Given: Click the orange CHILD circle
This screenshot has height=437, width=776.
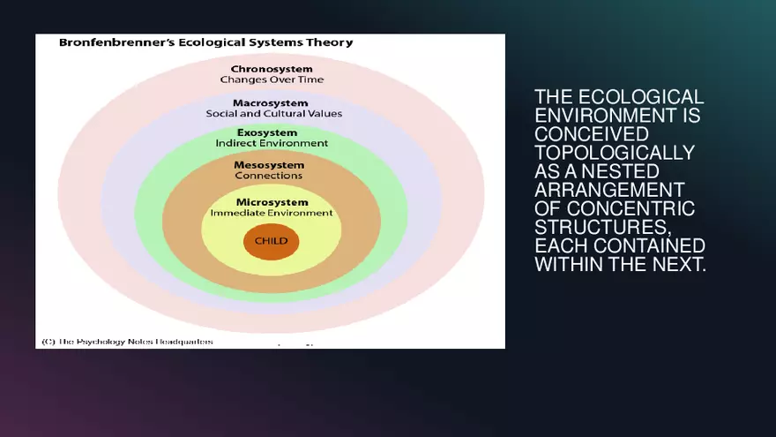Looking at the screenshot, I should (x=271, y=242).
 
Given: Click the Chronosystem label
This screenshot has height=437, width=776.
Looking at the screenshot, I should (x=272, y=68).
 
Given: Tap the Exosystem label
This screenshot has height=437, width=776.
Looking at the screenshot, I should (x=272, y=132).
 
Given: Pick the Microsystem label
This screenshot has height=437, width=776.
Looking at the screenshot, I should (x=271, y=202).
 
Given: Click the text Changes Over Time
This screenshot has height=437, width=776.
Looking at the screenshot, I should (x=272, y=79).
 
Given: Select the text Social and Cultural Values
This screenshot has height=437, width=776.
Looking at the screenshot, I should (x=273, y=114).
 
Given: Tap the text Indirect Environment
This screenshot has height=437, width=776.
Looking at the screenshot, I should (x=272, y=143).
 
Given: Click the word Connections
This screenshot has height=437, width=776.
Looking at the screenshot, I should (x=269, y=176).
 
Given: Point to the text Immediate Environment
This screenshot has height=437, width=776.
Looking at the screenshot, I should (x=271, y=214).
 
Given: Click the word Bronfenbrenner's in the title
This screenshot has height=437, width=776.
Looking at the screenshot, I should (x=110, y=42).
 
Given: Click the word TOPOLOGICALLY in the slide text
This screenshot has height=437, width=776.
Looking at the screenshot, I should (x=615, y=153).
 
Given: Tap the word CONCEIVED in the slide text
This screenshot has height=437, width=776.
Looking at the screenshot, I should (x=592, y=134).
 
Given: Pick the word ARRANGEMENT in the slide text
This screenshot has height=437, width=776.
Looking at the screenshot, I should (x=609, y=190).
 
